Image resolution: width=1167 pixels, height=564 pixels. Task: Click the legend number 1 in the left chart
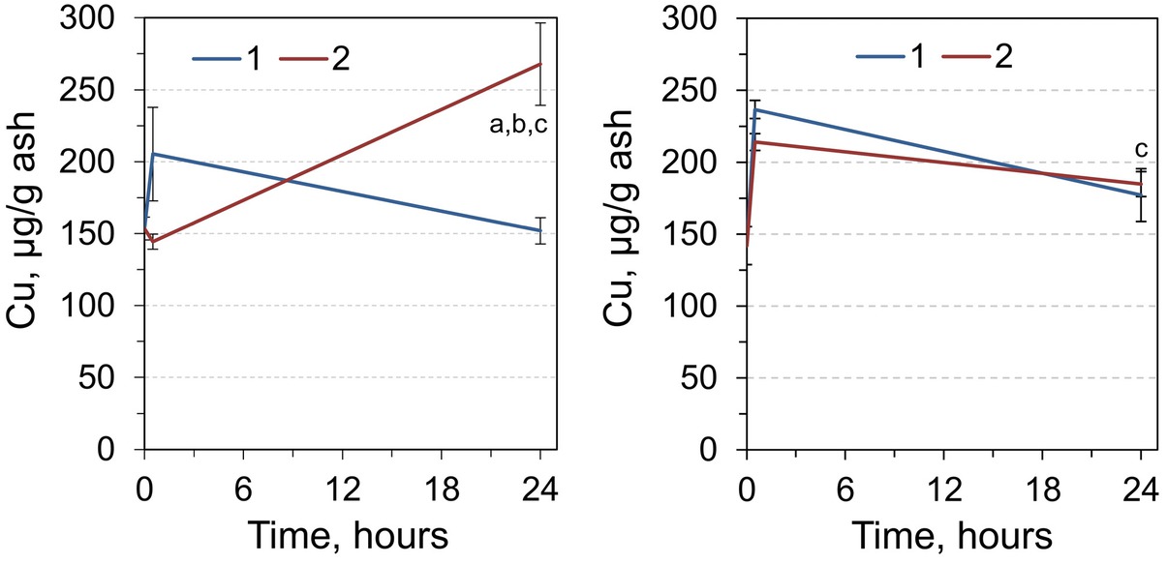pyautogui.click(x=254, y=59)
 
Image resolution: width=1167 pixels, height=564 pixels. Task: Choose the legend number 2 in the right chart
pyautogui.click(x=1002, y=56)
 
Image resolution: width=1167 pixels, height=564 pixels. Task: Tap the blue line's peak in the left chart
pyautogui.click(x=153, y=154)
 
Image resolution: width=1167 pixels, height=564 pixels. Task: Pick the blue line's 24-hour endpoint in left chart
pyautogui.click(x=540, y=230)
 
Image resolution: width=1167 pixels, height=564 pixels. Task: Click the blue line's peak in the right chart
pyautogui.click(x=755, y=109)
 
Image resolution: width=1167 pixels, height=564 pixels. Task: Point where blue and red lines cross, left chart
pyautogui.click(x=288, y=180)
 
